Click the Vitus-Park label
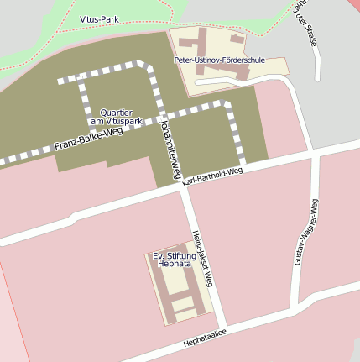coord(99,18)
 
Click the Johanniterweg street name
coord(170,149)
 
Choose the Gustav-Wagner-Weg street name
coord(305,231)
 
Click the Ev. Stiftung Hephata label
coord(175,259)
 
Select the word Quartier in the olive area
coord(116,112)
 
